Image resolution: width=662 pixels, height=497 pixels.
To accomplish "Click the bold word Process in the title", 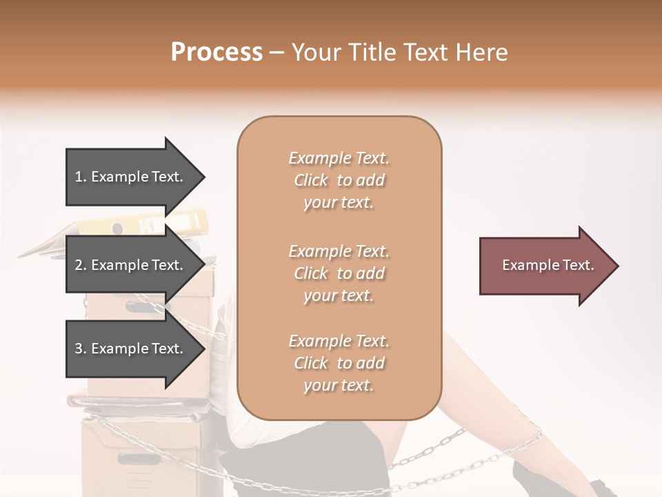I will coord(217,52).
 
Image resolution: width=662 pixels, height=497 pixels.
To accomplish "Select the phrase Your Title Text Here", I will coord(400,52).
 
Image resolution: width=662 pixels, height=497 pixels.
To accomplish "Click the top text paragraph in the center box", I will coord(339,180).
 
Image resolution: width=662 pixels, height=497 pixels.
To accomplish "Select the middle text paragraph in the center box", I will coord(339,273).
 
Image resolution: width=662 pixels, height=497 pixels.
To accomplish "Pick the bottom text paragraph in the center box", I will coord(339,363).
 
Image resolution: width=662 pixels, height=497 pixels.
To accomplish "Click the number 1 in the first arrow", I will coord(79,177).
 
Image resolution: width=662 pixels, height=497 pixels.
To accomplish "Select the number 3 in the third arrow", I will coord(79,349).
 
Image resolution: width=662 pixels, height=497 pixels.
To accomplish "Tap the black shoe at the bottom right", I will coord(545,480).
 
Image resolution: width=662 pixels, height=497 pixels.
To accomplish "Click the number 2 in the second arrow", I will coord(79,265).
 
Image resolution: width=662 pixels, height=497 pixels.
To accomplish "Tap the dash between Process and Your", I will coord(277,52).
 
